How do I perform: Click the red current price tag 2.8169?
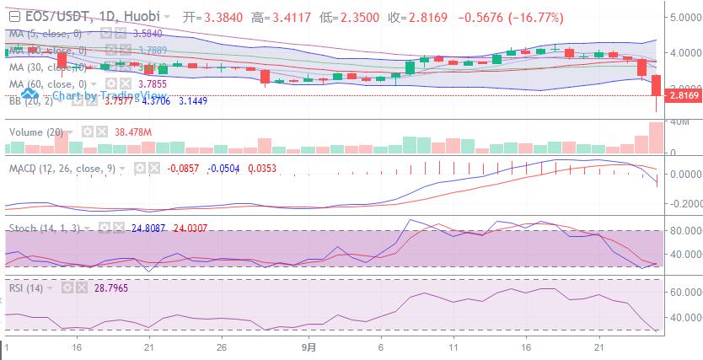pyautogui.click(x=683, y=96)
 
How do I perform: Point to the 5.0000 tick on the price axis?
pyautogui.click(x=684, y=16)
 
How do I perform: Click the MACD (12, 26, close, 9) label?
pyautogui.click(x=62, y=168)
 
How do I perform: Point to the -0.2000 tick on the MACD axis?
pyautogui.click(x=684, y=204)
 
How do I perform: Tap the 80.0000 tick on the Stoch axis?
pyautogui.click(x=684, y=230)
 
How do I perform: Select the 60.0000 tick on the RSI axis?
pyautogui.click(x=684, y=292)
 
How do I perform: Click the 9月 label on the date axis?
pyautogui.click(x=309, y=347)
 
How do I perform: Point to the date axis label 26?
pyautogui.click(x=220, y=347)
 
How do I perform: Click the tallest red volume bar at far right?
pyautogui.click(x=656, y=138)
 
